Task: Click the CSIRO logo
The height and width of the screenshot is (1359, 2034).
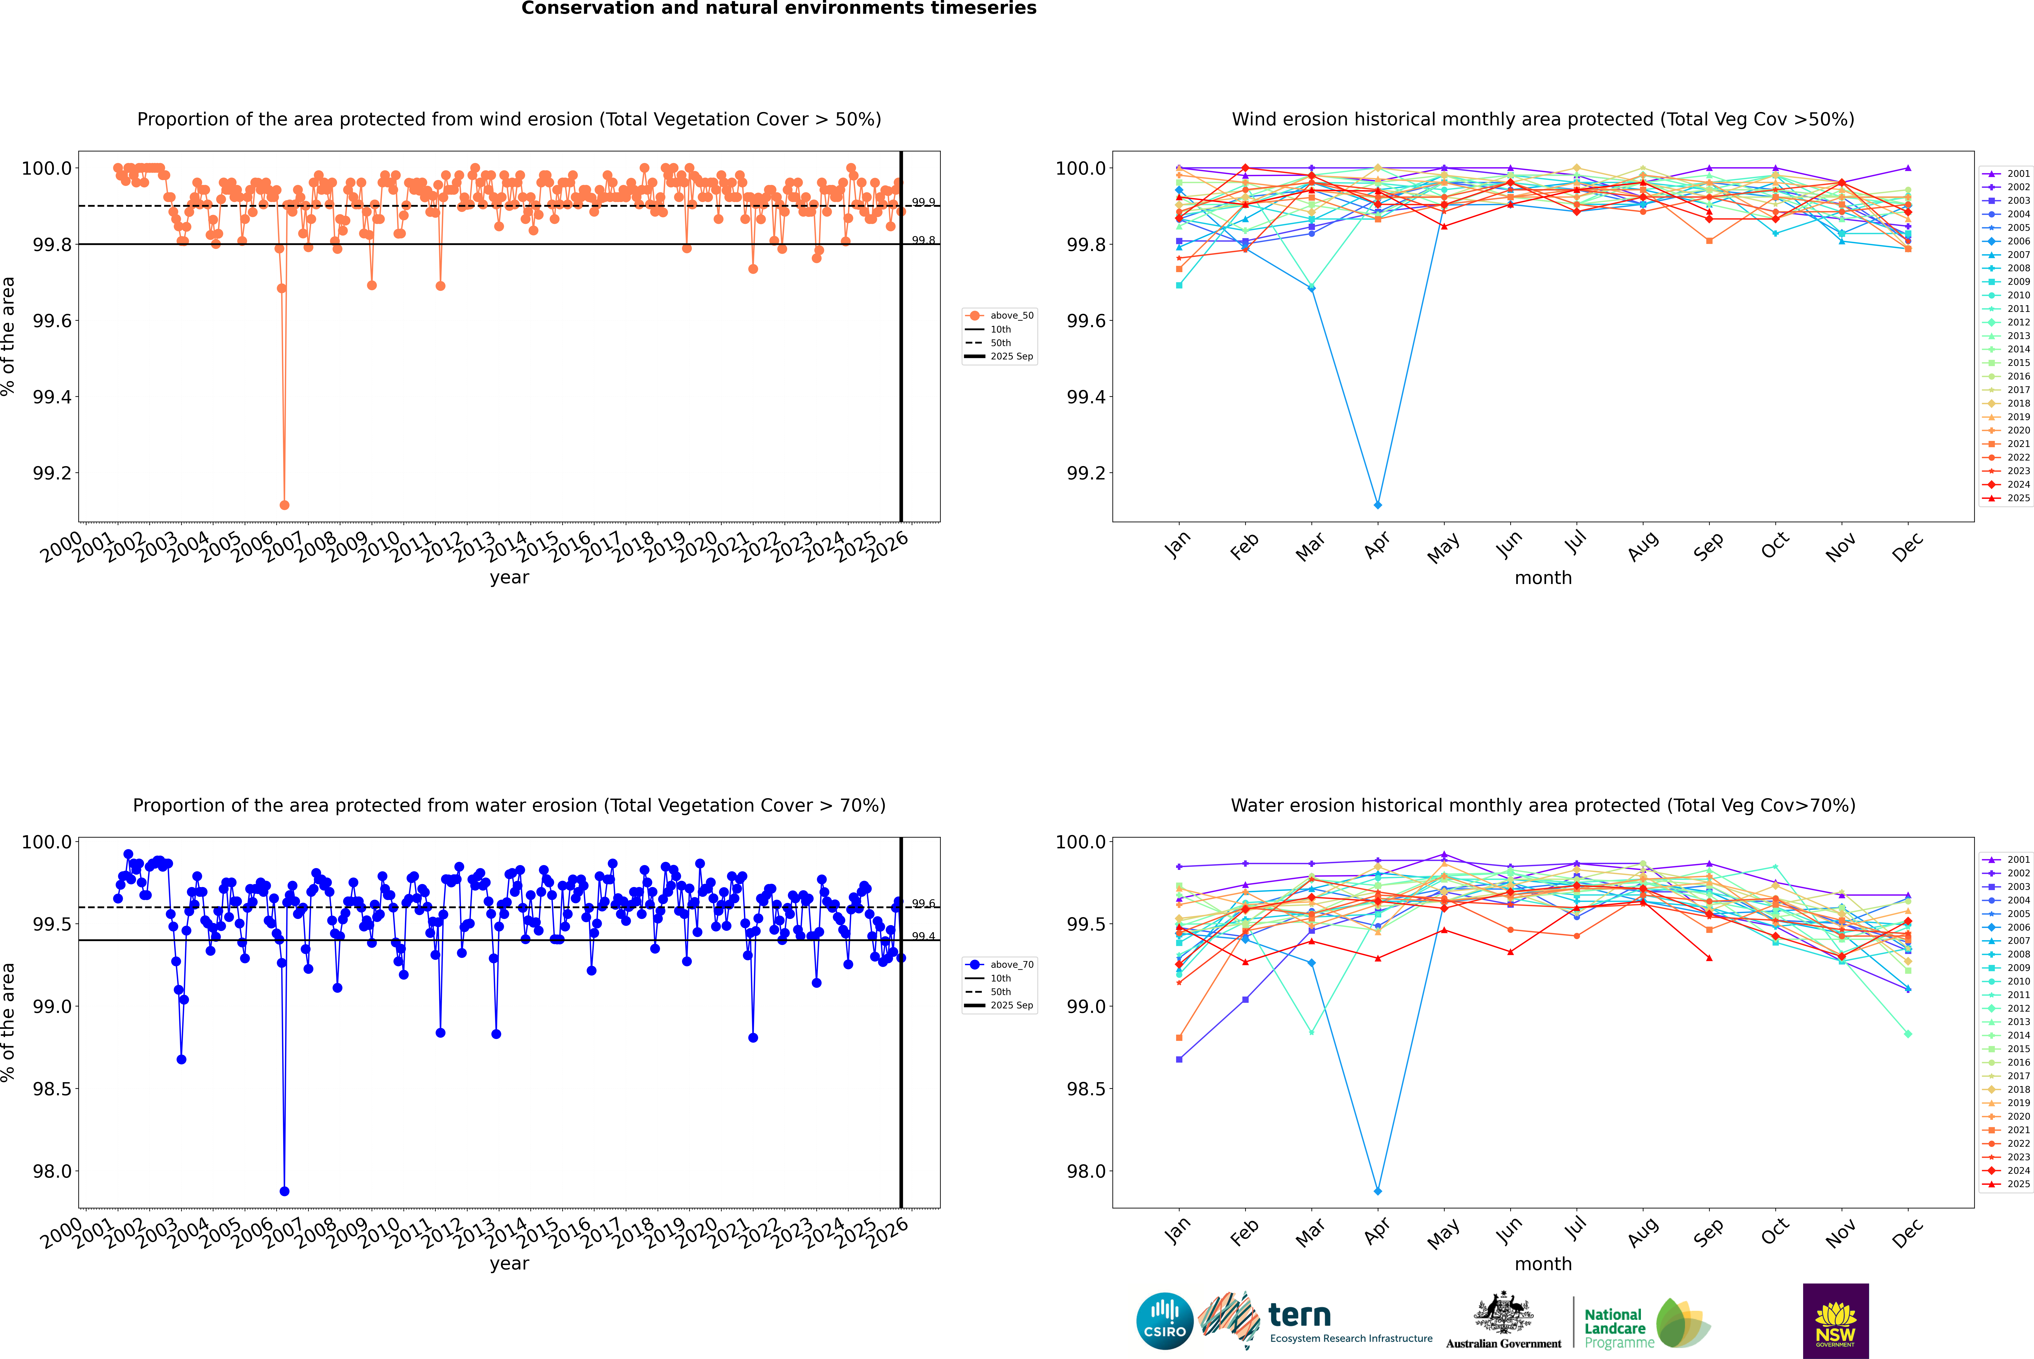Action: click(1164, 1321)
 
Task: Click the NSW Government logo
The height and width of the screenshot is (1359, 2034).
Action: click(1835, 1321)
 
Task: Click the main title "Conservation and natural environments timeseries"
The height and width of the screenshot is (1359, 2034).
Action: click(778, 9)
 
